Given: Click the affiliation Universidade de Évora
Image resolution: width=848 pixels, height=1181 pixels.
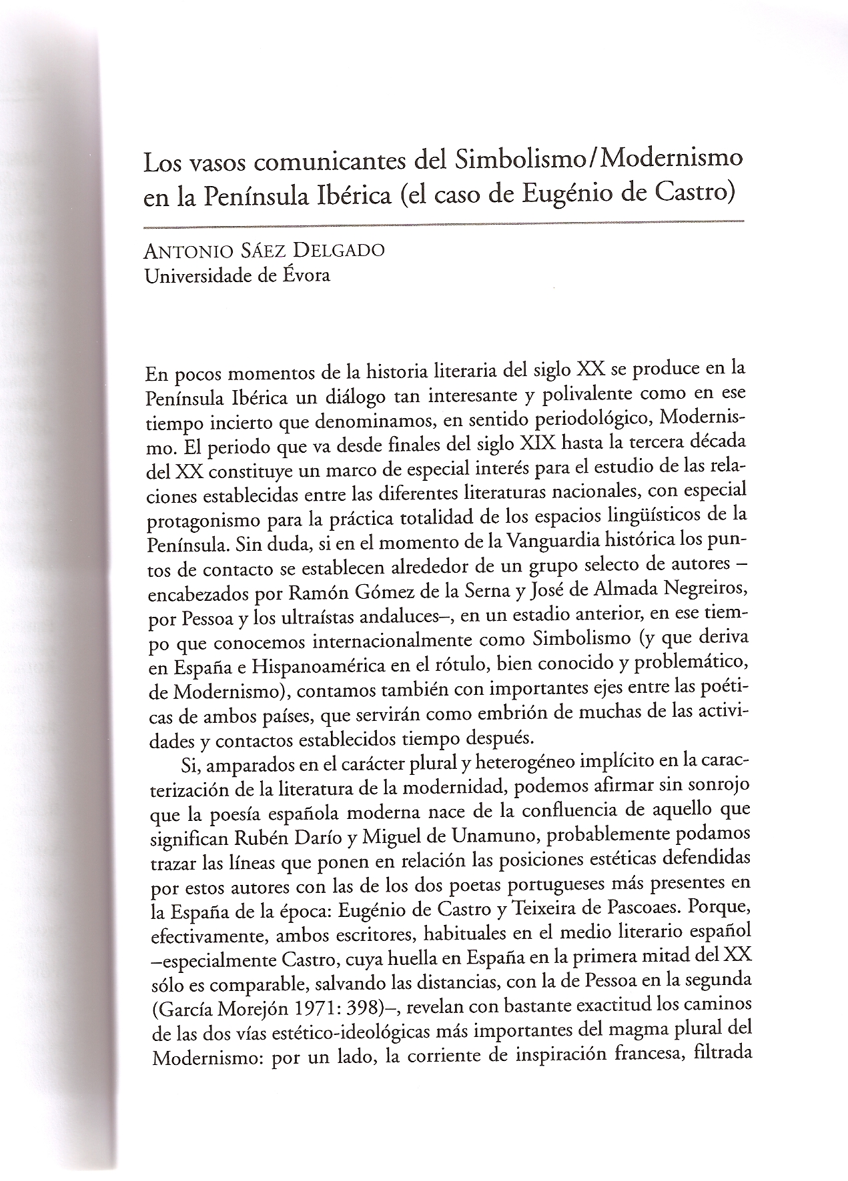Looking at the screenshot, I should pyautogui.click(x=237, y=274).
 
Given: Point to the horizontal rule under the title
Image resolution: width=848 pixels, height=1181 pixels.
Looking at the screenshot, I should pyautogui.click(x=443, y=221).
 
